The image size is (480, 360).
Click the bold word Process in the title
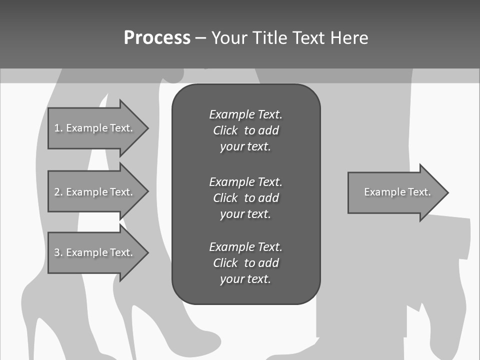tap(157, 38)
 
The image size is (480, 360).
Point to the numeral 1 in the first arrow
tap(57, 128)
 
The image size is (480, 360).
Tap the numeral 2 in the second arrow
tap(57, 192)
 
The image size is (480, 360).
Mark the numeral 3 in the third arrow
tap(57, 252)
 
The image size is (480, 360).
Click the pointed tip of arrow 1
tap(146, 128)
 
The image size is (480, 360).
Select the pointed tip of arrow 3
tap(146, 252)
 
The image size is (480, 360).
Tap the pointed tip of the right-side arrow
tap(446, 192)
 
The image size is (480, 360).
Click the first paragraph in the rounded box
tap(245, 130)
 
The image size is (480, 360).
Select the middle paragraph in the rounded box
tap(245, 197)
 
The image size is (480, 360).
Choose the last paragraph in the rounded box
tap(245, 263)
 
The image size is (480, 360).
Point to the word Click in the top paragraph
tap(225, 130)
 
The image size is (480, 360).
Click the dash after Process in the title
tap(200, 38)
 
